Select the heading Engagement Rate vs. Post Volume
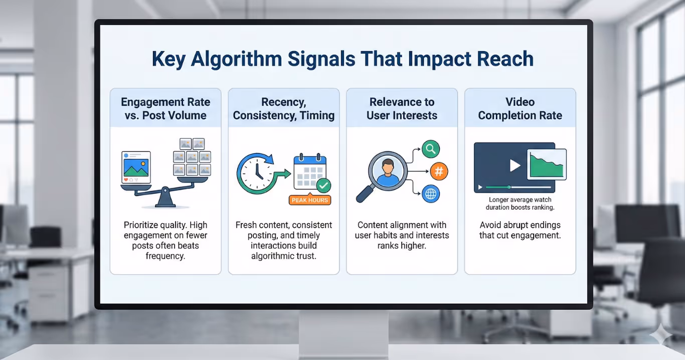(x=165, y=109)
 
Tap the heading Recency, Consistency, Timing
(x=284, y=109)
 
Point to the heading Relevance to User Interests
(x=402, y=109)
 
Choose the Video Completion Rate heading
(x=520, y=109)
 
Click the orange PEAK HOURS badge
(x=310, y=200)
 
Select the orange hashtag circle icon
(x=439, y=172)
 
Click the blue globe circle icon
(x=431, y=194)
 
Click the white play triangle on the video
(x=515, y=165)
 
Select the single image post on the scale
(x=136, y=167)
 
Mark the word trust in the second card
(x=305, y=256)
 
